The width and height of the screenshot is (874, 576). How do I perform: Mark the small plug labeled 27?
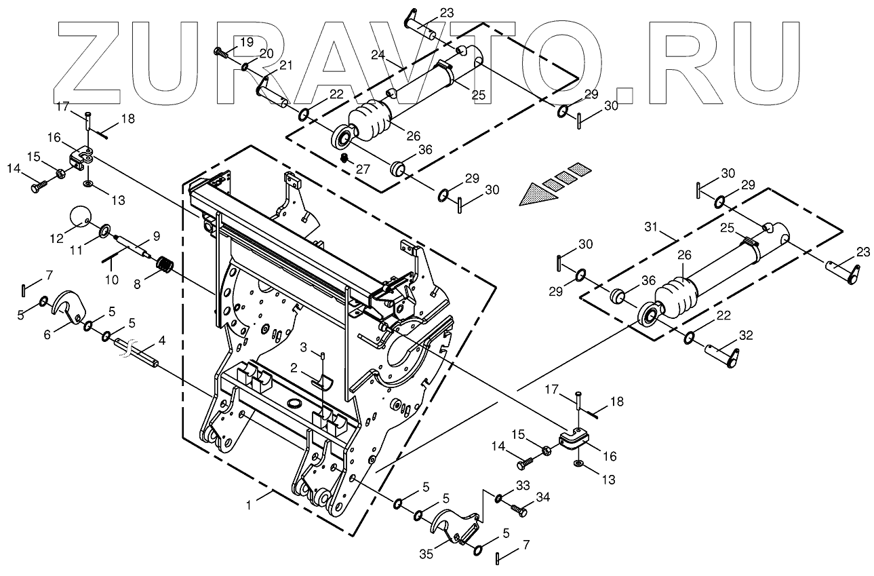click(x=344, y=158)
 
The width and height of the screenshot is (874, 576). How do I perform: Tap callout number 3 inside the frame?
click(x=305, y=348)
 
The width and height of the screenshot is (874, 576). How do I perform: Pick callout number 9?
click(x=156, y=236)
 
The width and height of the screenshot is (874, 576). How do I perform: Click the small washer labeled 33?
click(x=498, y=499)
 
